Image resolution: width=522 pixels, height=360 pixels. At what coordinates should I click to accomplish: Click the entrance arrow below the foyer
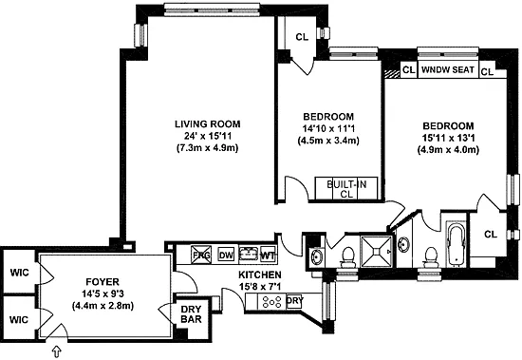coord(57,351)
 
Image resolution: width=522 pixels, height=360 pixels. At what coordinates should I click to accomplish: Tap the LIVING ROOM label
coord(208,124)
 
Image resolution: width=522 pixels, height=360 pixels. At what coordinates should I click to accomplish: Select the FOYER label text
coord(103,282)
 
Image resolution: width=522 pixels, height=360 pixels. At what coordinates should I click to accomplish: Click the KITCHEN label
coord(260,275)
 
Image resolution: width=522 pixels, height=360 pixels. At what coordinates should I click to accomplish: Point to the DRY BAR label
coord(191,314)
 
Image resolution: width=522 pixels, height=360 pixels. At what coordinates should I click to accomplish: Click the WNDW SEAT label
coord(448,69)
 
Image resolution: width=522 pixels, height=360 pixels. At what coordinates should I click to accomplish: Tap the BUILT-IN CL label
coord(346,189)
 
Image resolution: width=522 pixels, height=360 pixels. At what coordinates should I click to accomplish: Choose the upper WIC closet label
coord(19,273)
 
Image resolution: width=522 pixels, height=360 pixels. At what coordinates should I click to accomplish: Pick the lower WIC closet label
coord(19,320)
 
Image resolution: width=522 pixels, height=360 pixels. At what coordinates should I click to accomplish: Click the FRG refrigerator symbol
coord(201,255)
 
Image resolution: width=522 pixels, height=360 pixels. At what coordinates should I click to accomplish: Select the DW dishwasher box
coord(226,256)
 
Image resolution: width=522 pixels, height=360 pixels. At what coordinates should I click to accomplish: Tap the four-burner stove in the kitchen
coord(272,302)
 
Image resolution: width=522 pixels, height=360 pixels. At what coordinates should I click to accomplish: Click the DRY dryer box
coord(294,301)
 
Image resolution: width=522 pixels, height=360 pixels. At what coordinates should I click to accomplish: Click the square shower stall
coord(377,252)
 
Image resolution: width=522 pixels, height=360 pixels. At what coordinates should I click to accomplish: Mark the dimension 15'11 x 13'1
coord(448,138)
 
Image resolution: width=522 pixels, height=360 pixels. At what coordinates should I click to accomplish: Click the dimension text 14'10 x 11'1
coord(328,128)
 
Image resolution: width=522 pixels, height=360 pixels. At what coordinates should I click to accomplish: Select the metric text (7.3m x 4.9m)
coord(208,147)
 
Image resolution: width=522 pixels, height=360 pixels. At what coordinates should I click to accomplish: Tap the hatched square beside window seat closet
coord(392,74)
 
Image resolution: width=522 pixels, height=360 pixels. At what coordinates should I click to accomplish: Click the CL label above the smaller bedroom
coord(302,37)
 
